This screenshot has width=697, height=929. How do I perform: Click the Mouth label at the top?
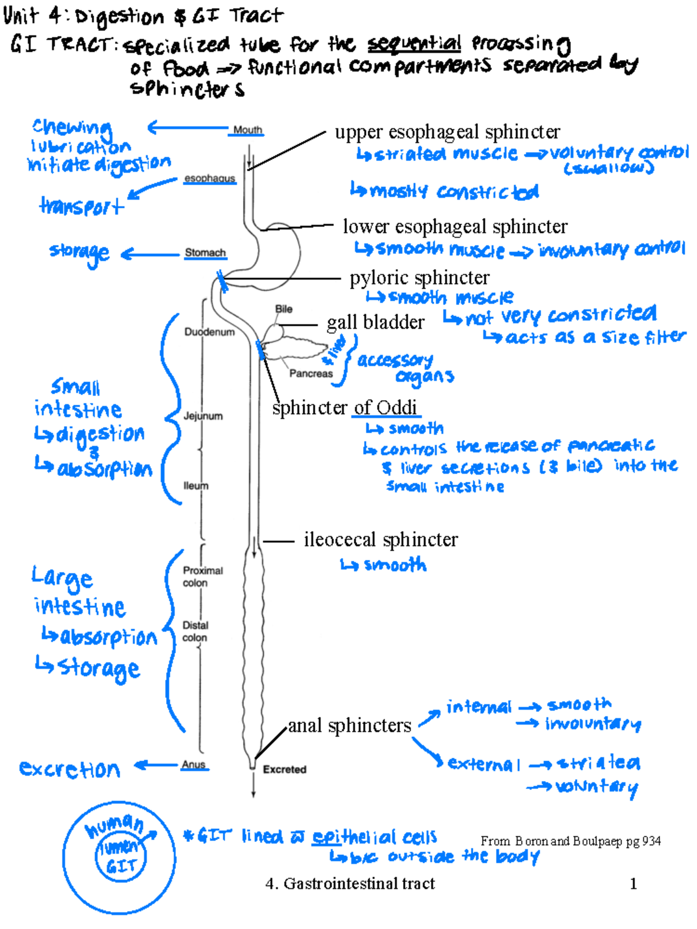point(247,130)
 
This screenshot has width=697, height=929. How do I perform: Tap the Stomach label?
point(205,253)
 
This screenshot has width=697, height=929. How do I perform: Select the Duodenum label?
point(209,332)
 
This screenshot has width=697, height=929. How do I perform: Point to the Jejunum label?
point(203,416)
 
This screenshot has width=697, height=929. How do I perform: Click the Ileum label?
point(196,486)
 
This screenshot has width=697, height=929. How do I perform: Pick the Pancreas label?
point(311,374)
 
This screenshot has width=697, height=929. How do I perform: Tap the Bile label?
point(283,309)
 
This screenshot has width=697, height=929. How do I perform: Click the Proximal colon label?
point(202,577)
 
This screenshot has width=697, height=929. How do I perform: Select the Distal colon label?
point(195,631)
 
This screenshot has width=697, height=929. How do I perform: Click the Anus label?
point(193,765)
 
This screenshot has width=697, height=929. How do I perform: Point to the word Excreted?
point(285,769)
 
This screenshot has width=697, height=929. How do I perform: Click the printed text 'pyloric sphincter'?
point(419,278)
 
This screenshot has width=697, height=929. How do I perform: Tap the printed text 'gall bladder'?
point(375,322)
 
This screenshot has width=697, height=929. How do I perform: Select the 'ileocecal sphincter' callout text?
point(380,540)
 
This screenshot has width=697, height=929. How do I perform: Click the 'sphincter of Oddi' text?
point(345,408)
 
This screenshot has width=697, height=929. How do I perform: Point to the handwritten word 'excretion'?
point(70,769)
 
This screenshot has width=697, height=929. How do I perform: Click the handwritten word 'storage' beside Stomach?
point(80,253)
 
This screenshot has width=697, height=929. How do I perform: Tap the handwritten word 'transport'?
point(81,206)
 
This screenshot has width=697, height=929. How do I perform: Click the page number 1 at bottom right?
point(633,884)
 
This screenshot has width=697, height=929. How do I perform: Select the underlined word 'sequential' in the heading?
point(414,44)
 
